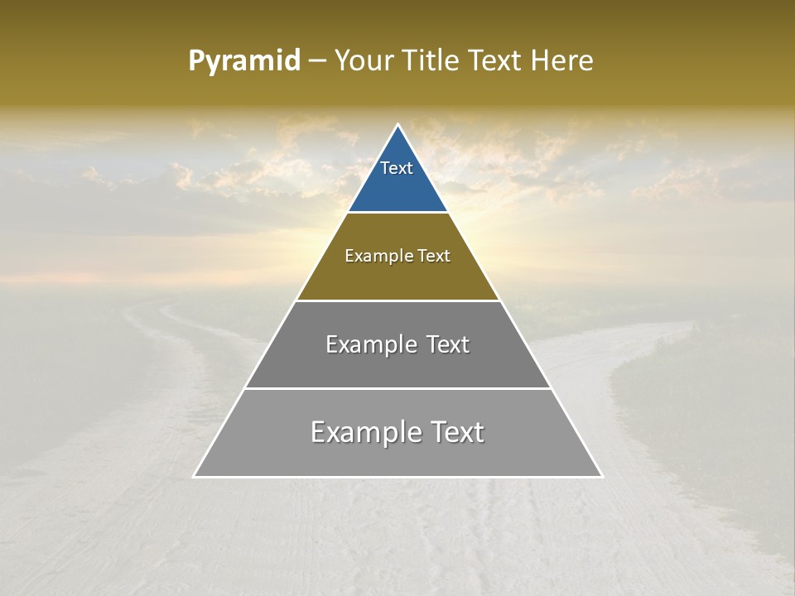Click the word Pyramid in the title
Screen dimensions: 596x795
point(243,61)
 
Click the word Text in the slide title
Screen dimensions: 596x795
point(498,60)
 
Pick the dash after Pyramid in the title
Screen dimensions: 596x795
point(317,61)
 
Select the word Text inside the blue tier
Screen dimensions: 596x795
point(397,168)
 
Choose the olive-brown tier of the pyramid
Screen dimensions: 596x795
point(397,277)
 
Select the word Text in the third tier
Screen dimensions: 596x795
point(448,344)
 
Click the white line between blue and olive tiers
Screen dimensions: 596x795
point(397,213)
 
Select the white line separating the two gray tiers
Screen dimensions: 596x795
point(397,388)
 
